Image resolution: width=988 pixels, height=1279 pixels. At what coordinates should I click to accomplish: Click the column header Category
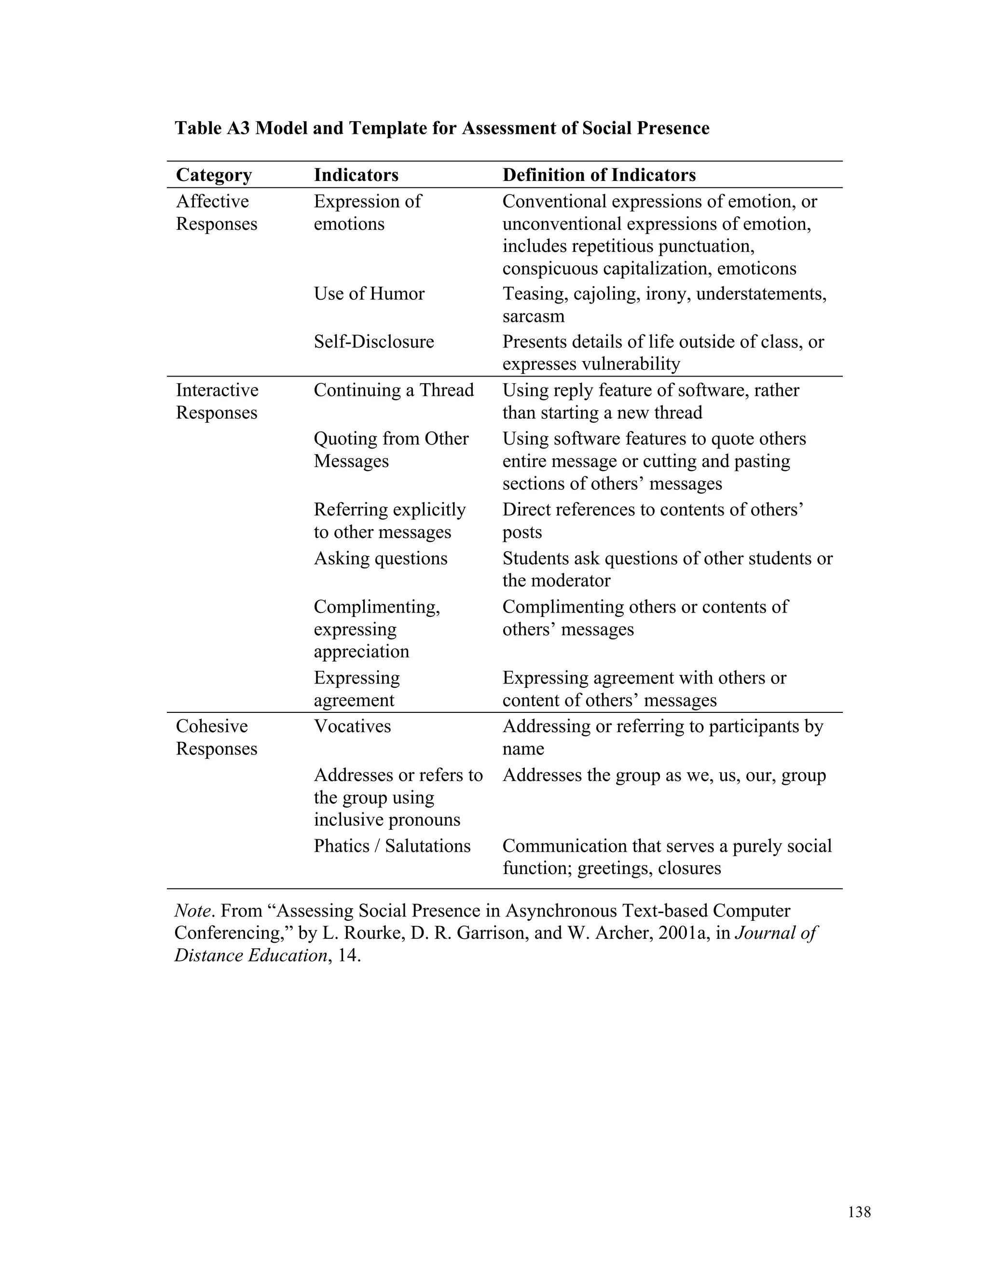pos(214,175)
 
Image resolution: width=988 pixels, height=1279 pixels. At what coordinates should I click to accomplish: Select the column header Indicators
pos(356,175)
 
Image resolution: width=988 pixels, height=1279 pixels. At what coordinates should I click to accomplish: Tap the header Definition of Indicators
pos(599,175)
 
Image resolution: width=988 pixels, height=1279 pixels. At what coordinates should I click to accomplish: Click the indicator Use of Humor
pos(369,293)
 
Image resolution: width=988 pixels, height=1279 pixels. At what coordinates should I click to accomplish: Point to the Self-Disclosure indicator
pos(373,341)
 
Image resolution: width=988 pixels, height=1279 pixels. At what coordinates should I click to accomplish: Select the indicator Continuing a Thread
pos(393,390)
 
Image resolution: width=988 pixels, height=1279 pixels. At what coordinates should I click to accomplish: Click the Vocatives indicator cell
pos(352,726)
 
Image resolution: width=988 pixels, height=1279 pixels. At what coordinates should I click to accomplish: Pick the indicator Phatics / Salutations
pos(392,846)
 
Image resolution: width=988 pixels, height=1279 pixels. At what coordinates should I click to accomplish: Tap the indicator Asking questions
pos(381,558)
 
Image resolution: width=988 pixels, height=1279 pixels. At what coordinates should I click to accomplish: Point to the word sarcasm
pos(533,316)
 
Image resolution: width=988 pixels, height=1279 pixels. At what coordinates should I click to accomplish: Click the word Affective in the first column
pos(212,201)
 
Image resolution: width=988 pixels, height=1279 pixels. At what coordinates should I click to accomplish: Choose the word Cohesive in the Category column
pos(211,726)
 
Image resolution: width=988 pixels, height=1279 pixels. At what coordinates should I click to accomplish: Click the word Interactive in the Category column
pos(217,390)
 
